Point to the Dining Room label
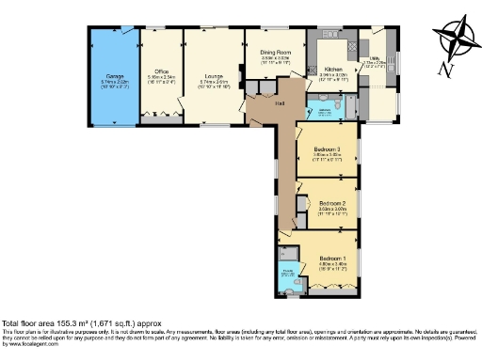click(x=275, y=51)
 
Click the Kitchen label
click(x=333, y=70)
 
